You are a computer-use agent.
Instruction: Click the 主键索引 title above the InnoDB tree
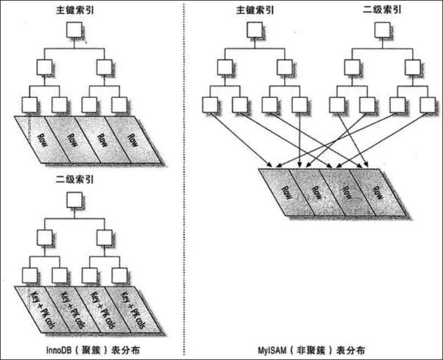pos(75,12)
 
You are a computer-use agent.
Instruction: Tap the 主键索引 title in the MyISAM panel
pos(254,10)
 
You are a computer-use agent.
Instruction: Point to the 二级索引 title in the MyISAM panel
pos(382,10)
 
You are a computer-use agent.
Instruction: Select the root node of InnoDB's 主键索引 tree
pos(75,30)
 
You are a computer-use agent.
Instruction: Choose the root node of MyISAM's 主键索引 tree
pos(254,30)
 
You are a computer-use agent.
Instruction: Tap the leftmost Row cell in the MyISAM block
pos(286,192)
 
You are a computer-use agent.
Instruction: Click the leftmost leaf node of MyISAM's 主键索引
pos(210,104)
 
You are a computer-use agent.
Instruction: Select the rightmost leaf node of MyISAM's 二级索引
pos(427,104)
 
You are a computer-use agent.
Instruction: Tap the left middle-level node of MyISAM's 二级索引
pos(352,67)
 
